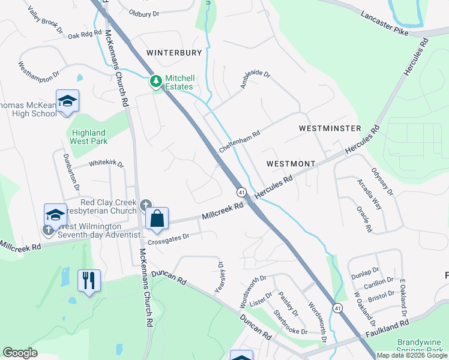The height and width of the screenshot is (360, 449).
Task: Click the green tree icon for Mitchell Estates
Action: point(155,80)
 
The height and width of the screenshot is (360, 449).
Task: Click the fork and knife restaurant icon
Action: point(89,280)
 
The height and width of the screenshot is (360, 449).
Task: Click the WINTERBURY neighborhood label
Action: point(174,53)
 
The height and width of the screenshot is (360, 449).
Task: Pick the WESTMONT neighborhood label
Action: point(291,164)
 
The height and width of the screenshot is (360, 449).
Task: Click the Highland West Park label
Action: point(89,137)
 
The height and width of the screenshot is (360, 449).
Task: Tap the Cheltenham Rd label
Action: point(240,142)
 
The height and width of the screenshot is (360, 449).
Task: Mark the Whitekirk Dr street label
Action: point(106,163)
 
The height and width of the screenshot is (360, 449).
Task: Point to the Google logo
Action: point(20,353)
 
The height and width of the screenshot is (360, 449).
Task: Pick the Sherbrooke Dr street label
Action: point(290,322)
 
